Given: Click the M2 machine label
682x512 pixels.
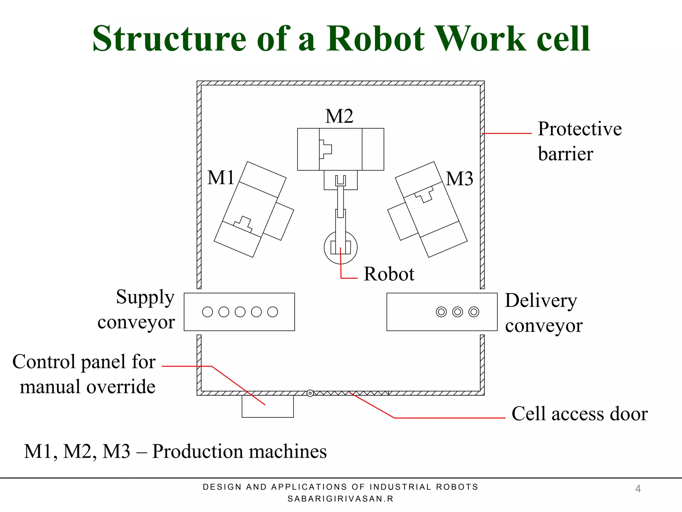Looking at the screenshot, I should pyautogui.click(x=339, y=116).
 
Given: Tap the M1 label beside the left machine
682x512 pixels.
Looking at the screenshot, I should pyautogui.click(x=221, y=177).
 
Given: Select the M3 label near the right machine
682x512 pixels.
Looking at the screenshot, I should pyautogui.click(x=459, y=179).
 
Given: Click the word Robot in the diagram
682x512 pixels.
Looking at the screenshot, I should pyautogui.click(x=389, y=274).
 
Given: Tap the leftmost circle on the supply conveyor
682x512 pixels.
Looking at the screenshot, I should pyautogui.click(x=207, y=312).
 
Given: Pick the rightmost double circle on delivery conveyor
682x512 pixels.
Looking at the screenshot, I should pyautogui.click(x=474, y=312).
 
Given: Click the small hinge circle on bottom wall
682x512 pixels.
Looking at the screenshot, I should pyautogui.click(x=310, y=393).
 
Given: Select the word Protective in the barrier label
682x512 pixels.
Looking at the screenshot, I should pyautogui.click(x=579, y=129).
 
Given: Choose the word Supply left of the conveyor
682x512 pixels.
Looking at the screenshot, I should pyautogui.click(x=145, y=297).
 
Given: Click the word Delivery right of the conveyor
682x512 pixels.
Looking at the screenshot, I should pyautogui.click(x=541, y=301).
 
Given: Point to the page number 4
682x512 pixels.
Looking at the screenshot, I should pyautogui.click(x=638, y=489).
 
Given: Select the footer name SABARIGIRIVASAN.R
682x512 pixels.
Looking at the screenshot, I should pyautogui.click(x=340, y=499).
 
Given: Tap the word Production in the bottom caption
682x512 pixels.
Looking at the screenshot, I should pyautogui.click(x=197, y=452).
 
